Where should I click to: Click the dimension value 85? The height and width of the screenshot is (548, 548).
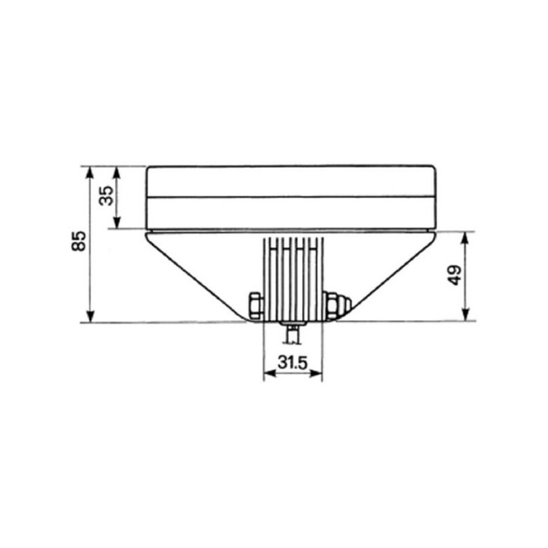click(79, 241)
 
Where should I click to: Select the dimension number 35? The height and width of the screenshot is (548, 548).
click(107, 196)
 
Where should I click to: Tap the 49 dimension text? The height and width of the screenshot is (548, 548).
click(455, 276)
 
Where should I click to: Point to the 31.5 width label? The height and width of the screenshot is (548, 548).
click(292, 363)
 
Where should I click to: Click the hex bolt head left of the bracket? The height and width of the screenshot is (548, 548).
click(256, 305)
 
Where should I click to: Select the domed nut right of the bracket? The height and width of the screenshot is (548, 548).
click(338, 306)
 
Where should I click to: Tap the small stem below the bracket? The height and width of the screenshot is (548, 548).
click(293, 334)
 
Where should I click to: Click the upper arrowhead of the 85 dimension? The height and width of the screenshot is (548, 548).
click(90, 173)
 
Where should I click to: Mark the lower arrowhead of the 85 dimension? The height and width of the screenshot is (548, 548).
click(90, 316)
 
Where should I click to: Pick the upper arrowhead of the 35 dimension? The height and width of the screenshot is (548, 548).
click(117, 173)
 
